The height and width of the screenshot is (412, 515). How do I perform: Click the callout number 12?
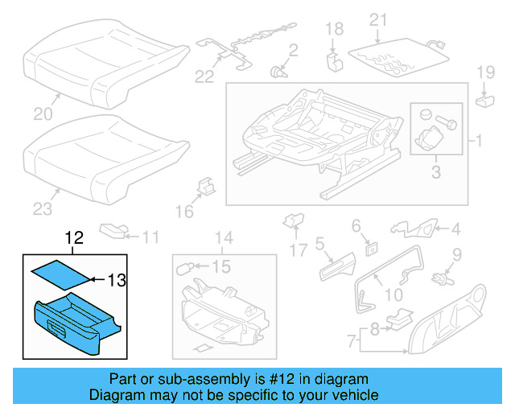pyautogui.click(x=74, y=237)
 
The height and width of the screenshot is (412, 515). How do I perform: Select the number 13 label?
pyautogui.click(x=117, y=280)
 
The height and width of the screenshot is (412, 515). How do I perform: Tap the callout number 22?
pyautogui.click(x=205, y=76)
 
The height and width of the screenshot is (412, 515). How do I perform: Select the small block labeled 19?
pyautogui.click(x=485, y=101)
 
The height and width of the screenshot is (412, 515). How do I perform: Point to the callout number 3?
pyautogui.click(x=435, y=171)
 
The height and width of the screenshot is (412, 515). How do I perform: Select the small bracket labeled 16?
pyautogui.click(x=206, y=187)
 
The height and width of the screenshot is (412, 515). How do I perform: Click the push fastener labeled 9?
pyautogui.click(x=440, y=280)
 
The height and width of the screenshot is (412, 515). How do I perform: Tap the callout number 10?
pyautogui.click(x=394, y=295)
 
